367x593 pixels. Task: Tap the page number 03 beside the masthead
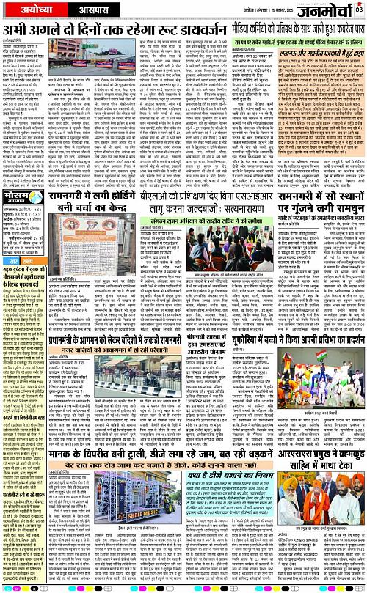point(359,10)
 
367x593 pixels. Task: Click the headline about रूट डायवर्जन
point(106,31)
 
